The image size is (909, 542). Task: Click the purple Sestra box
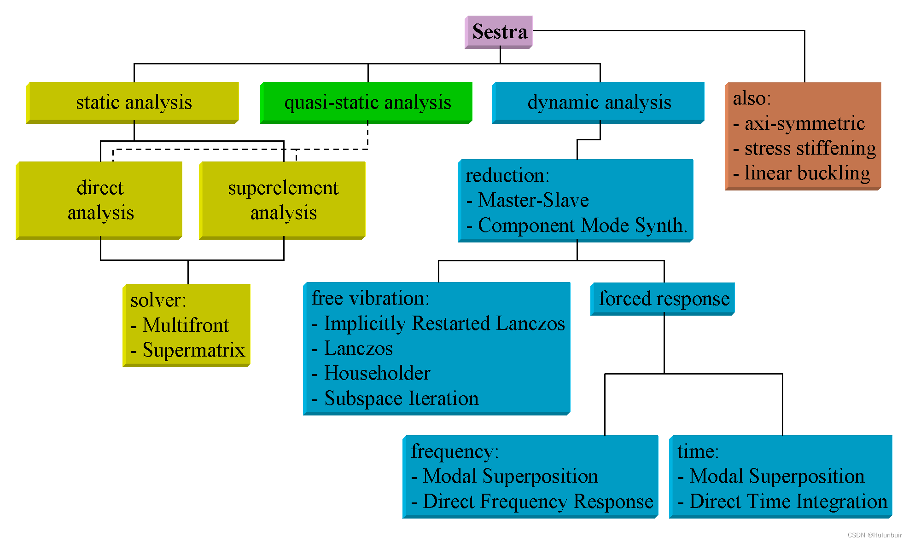[499, 32]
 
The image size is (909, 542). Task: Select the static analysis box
[134, 102]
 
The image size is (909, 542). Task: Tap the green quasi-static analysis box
[367, 102]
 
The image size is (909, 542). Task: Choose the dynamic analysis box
[599, 102]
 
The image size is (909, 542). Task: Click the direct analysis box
[100, 200]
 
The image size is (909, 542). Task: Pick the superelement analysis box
[283, 200]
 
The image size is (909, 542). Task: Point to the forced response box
[664, 299]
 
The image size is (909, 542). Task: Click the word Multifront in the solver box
[186, 325]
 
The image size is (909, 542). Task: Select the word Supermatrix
[193, 350]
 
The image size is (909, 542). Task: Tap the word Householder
[377, 373]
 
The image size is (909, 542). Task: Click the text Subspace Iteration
[401, 398]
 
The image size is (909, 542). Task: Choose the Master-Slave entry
[533, 200]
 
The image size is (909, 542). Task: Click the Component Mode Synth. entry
[582, 225]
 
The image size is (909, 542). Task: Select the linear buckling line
[807, 173]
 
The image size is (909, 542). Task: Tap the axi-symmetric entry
[804, 123]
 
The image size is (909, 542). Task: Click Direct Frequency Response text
[537, 502]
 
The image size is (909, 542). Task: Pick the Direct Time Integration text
[788, 502]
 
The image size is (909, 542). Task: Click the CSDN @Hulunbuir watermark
[874, 535]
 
